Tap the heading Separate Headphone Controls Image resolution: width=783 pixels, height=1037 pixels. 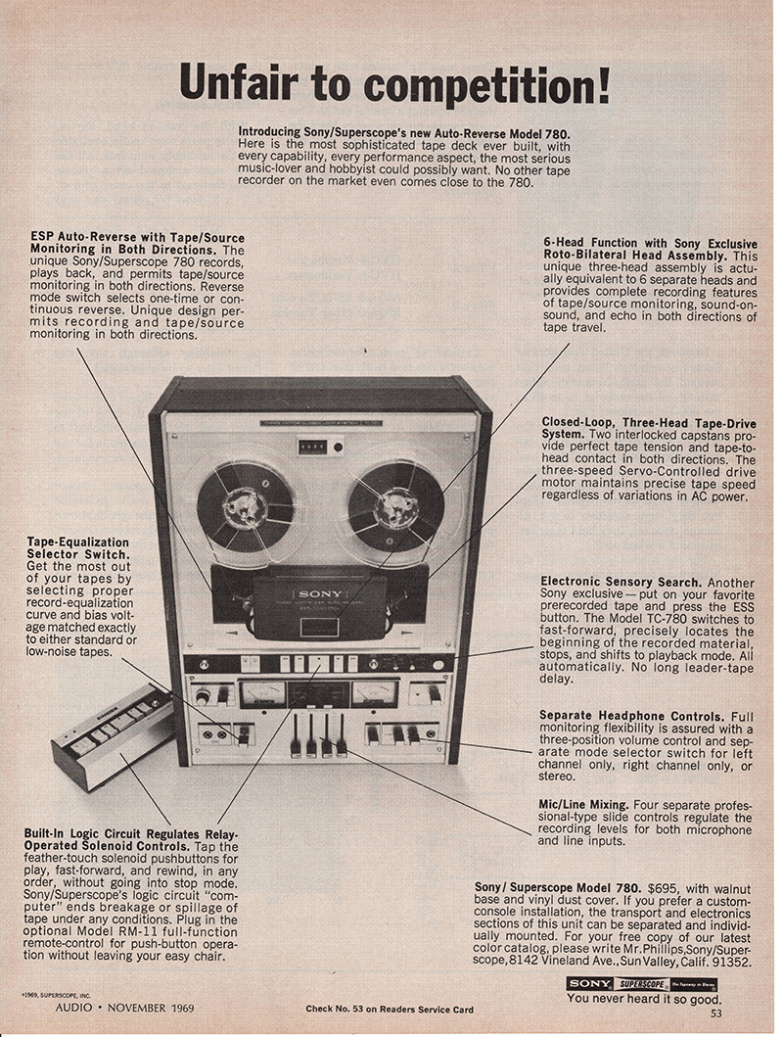(x=631, y=716)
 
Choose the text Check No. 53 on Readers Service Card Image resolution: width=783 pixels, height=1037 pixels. (x=390, y=1009)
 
